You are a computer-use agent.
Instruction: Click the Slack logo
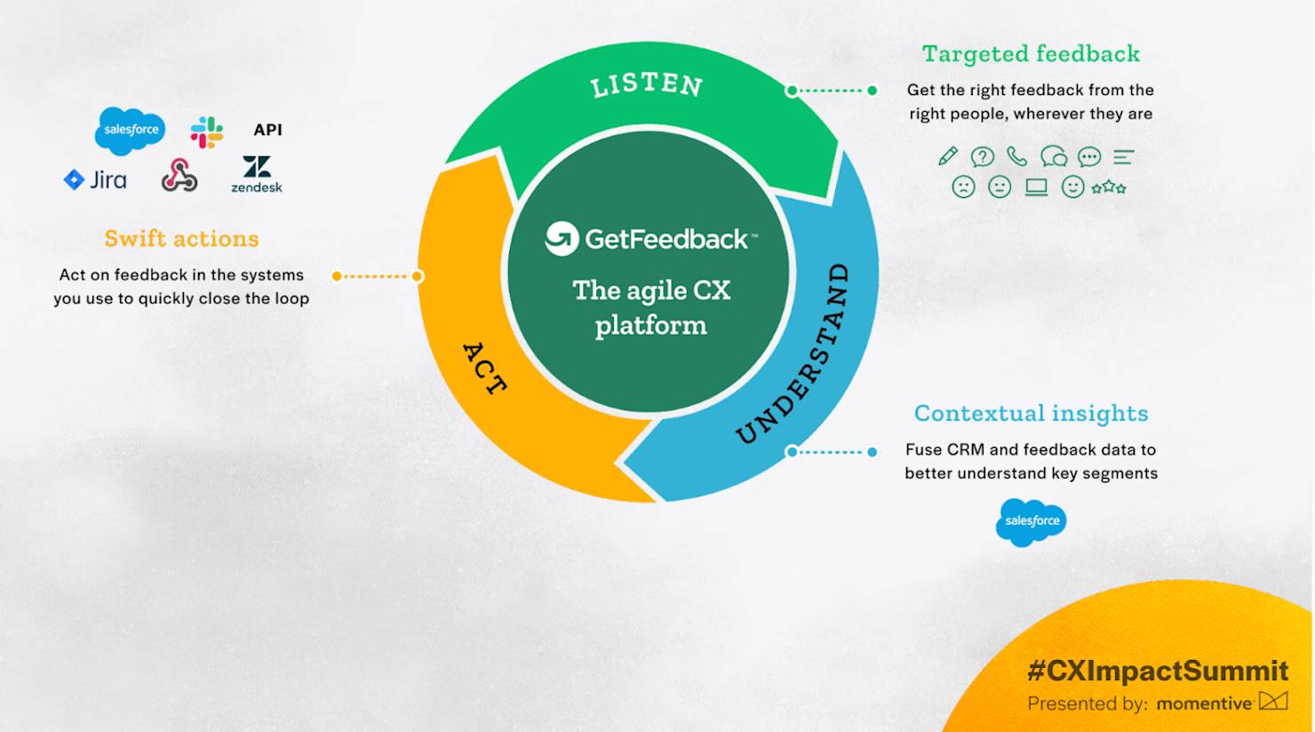click(207, 131)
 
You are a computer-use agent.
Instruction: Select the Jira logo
click(95, 180)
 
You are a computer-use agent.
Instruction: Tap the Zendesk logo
click(257, 173)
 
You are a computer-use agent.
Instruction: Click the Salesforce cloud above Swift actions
click(131, 130)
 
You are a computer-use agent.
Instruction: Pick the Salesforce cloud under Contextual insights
click(1031, 521)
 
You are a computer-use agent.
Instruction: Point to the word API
click(267, 130)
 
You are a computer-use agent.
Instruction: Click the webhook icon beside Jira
click(179, 176)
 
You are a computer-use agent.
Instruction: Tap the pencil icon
click(948, 156)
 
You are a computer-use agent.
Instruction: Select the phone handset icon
click(1016, 157)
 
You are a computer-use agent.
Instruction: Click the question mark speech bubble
click(982, 157)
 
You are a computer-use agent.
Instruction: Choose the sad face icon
click(963, 187)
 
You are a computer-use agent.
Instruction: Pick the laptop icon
click(1036, 187)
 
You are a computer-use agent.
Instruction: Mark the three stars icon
click(1109, 187)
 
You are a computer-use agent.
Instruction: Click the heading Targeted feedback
click(1031, 54)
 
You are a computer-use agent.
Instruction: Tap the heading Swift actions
click(181, 238)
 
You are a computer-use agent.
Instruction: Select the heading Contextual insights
click(1031, 413)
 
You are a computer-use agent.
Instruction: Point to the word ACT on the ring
click(485, 368)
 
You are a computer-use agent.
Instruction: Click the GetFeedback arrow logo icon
click(562, 238)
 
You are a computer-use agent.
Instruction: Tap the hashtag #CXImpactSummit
click(1157, 670)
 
